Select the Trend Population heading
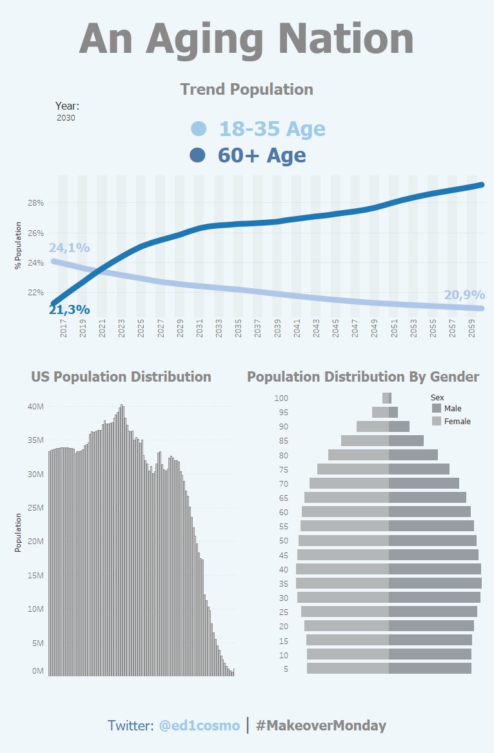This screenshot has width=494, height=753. (x=246, y=90)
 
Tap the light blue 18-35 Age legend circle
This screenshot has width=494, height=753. (x=199, y=129)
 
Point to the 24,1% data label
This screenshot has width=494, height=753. (x=69, y=248)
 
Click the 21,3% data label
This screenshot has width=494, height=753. (x=69, y=310)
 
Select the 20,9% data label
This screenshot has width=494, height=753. (x=464, y=295)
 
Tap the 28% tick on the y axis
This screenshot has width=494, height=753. (x=35, y=203)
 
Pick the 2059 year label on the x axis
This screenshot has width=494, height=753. (x=472, y=329)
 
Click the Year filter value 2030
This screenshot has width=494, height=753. (x=66, y=118)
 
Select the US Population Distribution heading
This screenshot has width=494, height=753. (x=121, y=376)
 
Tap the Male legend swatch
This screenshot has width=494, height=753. (x=437, y=408)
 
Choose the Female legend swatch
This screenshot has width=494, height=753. (x=437, y=421)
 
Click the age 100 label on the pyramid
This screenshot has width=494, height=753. (x=281, y=398)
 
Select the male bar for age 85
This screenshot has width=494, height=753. (x=406, y=440)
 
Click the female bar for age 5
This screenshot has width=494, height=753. (x=348, y=669)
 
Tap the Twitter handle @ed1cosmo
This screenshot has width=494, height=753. (x=199, y=725)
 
